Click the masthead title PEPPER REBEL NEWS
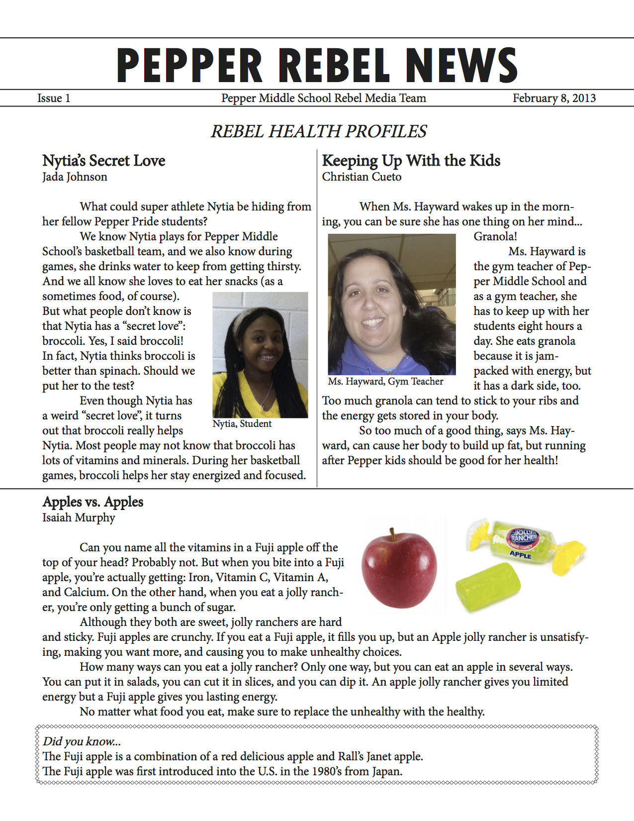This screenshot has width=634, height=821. click(x=317, y=65)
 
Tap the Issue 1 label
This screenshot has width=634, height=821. click(x=54, y=98)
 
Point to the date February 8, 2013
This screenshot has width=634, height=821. click(x=554, y=98)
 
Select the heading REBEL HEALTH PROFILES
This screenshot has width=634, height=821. click(x=319, y=131)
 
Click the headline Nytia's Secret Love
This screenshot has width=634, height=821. click(x=103, y=161)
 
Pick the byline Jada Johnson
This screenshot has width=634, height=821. click(x=75, y=177)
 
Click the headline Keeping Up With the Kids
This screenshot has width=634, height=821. click(x=411, y=161)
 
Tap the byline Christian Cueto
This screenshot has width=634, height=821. click(x=362, y=177)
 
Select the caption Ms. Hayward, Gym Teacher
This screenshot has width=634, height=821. click(x=385, y=382)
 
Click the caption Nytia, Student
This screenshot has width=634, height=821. click(x=242, y=423)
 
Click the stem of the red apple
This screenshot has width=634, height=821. click(x=393, y=534)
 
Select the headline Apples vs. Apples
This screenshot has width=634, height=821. click(x=93, y=502)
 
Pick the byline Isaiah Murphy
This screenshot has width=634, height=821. click(x=79, y=517)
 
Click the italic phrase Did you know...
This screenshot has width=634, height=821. click(x=82, y=741)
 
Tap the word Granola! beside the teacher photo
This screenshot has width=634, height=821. click(x=495, y=236)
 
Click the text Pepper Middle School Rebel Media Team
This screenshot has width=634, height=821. click(x=324, y=98)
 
